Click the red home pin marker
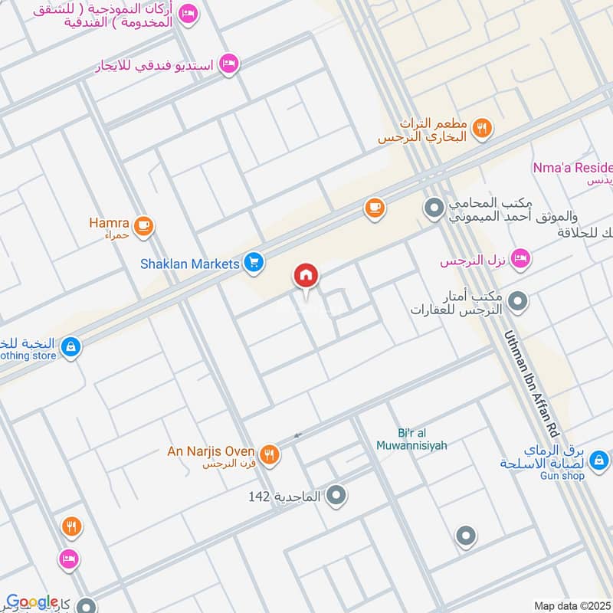point(306,275)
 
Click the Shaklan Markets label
point(190,264)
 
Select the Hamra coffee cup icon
point(143,226)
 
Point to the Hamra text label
point(109,223)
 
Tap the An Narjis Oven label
point(211,451)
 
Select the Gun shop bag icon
point(600,461)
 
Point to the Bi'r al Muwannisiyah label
point(411,439)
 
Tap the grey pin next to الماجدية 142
point(336,497)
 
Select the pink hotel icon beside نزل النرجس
point(520,261)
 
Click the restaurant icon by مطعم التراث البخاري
point(481,129)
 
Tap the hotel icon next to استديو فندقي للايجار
point(227,64)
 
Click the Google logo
point(32,602)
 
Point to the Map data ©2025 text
point(571,605)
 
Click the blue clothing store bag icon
point(70,346)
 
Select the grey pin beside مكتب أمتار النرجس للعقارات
point(519,301)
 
